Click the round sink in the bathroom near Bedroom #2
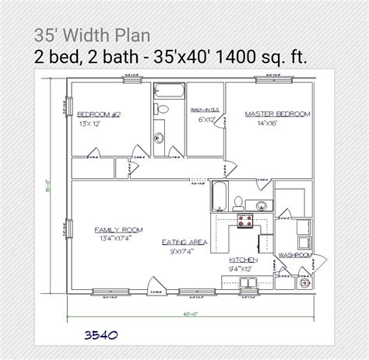[x=160, y=138]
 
